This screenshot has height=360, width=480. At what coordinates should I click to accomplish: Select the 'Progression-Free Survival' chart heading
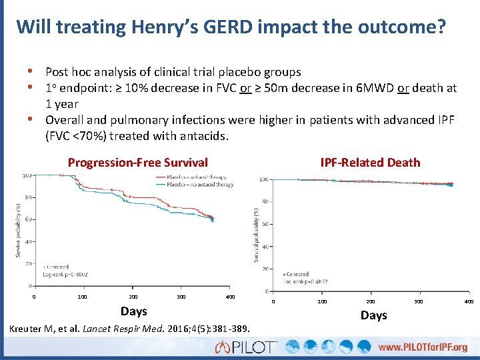(138, 162)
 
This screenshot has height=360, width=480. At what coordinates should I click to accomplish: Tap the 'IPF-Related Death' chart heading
(370, 162)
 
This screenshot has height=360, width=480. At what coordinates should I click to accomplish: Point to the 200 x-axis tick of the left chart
(133, 297)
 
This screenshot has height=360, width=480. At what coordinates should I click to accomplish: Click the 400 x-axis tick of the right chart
(469, 302)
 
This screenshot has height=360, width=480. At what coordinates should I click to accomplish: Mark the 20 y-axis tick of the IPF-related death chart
(264, 269)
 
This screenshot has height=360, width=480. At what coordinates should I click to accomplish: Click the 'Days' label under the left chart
(133, 311)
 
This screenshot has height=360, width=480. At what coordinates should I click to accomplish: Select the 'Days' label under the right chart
(373, 315)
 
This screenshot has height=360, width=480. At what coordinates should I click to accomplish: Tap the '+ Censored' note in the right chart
(297, 274)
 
